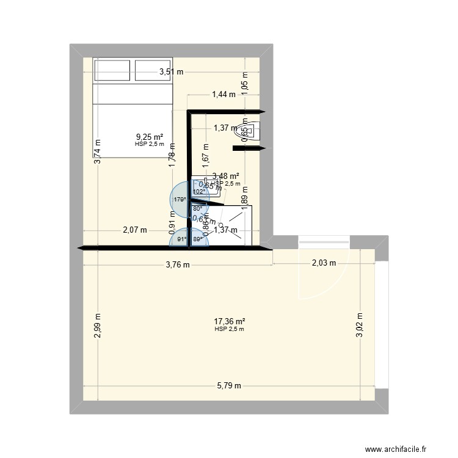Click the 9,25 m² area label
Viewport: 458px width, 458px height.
(150, 137)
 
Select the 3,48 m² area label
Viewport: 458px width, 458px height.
(225, 176)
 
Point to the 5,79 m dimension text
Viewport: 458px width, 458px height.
(229, 385)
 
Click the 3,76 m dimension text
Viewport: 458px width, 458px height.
(178, 264)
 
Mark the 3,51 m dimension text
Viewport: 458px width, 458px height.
(171, 72)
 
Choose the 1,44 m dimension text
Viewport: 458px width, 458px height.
(224, 94)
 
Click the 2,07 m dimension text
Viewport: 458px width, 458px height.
(135, 230)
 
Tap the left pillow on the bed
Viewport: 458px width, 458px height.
(111, 70)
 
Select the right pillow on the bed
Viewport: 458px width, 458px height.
(153, 70)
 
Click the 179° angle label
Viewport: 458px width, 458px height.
(179, 199)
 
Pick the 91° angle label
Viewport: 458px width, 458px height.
(181, 239)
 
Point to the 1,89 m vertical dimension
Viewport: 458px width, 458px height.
(245, 199)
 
